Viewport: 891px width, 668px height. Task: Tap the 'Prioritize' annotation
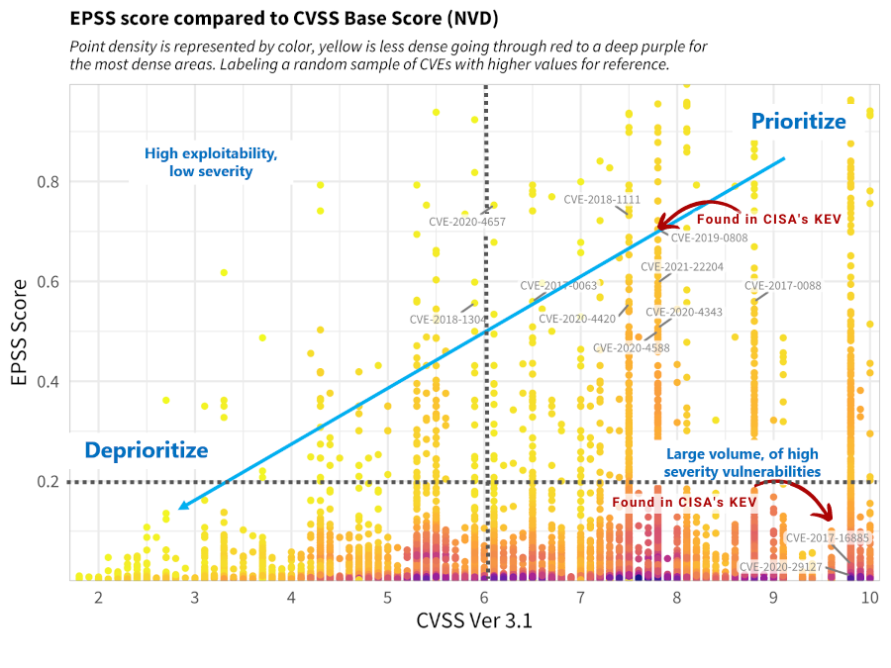(798, 122)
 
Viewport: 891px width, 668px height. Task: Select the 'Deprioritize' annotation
(147, 451)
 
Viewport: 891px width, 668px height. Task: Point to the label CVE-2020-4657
(467, 223)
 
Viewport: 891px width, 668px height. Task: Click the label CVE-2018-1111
(602, 200)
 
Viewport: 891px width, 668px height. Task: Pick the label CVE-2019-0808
(710, 239)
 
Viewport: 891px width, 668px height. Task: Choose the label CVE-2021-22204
(682, 267)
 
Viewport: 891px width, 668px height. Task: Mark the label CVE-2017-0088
(782, 287)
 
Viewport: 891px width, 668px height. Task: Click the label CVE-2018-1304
(447, 320)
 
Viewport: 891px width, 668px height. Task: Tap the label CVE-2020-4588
(632, 348)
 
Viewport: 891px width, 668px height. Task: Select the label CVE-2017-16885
(828, 538)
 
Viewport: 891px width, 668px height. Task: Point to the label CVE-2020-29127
(781, 567)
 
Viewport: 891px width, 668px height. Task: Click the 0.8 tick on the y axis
(48, 182)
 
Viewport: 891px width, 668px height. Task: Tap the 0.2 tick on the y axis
(48, 482)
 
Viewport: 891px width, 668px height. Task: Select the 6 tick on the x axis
(485, 599)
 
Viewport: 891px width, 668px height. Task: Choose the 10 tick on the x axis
(869, 599)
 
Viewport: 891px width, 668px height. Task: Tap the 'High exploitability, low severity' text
(211, 162)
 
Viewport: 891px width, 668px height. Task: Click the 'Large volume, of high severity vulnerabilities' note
(742, 462)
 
